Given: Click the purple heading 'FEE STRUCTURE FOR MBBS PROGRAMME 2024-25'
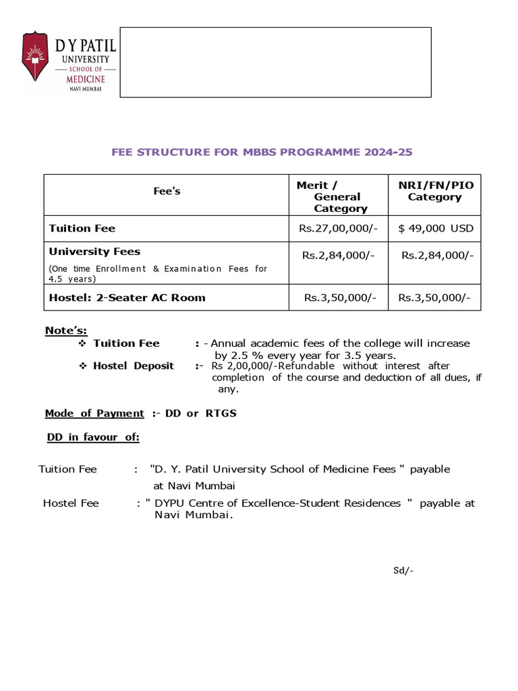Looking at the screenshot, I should [262, 152].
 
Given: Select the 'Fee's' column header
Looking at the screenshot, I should [167, 191].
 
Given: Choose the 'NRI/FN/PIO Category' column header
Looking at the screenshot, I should [434, 191].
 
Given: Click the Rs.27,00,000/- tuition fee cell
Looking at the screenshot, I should [337, 228].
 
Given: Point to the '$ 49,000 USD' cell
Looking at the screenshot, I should [436, 228].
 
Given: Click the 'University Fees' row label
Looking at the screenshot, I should [94, 251].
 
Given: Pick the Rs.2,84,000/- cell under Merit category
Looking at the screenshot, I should [338, 254].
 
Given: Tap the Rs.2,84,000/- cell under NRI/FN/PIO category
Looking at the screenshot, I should [437, 254].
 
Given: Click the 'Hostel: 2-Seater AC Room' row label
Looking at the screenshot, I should [127, 297].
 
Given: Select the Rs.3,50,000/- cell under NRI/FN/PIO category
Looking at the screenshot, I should [434, 297].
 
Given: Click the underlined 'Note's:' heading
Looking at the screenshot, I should [66, 330].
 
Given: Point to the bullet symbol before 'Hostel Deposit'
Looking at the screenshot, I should [83, 366].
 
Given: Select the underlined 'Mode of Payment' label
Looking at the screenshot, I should [94, 413].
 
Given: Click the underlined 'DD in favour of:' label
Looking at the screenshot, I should [93, 437].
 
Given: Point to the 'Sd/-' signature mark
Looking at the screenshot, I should [403, 570].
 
